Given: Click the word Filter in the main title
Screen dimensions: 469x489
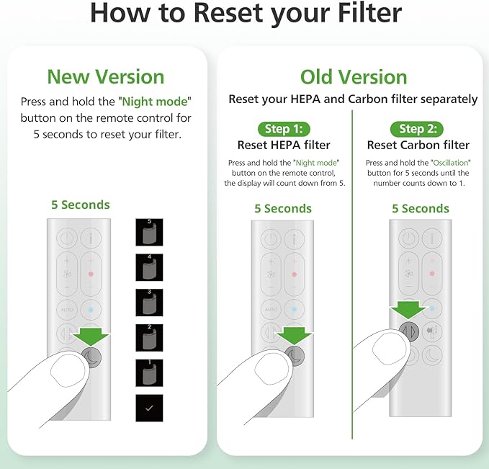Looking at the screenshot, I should click(359, 14).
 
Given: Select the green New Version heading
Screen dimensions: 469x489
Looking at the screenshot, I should click(106, 76).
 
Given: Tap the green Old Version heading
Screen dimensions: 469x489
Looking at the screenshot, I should click(354, 76).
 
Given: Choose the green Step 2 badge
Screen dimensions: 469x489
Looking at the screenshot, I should click(417, 129).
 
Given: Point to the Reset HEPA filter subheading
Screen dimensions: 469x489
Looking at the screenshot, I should click(284, 146).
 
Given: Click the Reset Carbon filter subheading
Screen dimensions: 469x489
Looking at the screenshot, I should click(418, 146).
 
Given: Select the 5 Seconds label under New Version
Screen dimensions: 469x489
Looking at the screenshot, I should click(81, 205).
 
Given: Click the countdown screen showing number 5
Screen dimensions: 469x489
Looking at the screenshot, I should click(149, 233).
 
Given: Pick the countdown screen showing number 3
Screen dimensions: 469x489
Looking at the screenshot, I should click(149, 303).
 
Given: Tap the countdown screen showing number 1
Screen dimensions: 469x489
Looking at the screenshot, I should click(149, 372).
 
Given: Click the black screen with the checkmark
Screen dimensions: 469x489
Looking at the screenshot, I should click(149, 408).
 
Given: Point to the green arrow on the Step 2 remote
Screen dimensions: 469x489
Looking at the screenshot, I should click(408, 311).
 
